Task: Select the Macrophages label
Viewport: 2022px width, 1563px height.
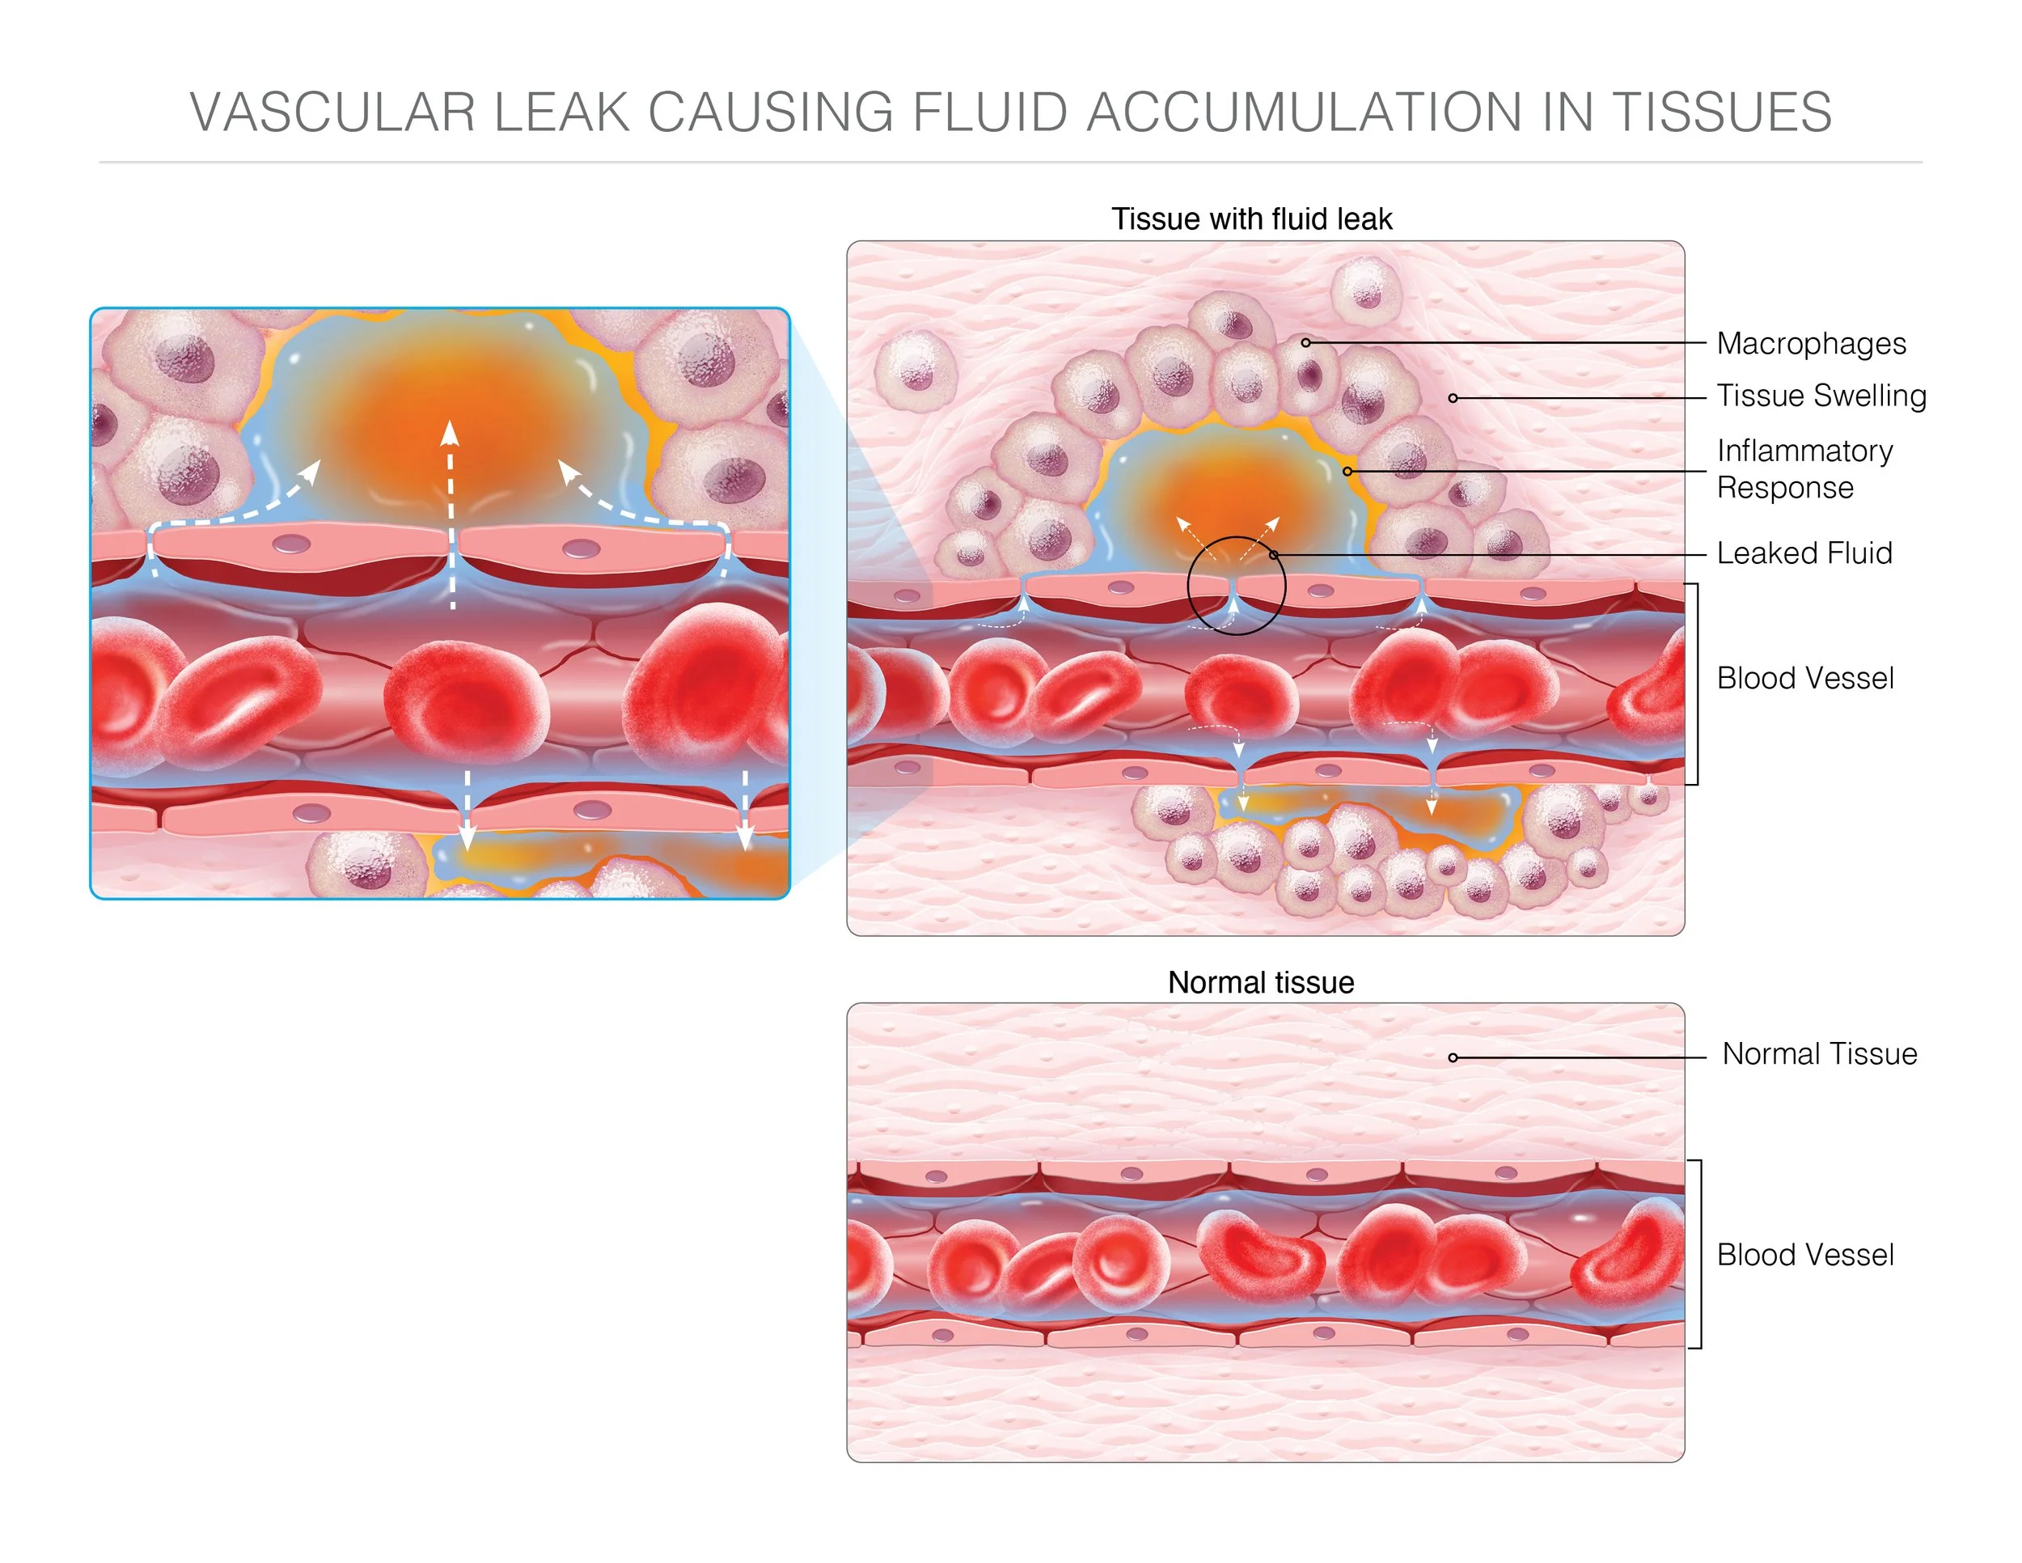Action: pyautogui.click(x=1810, y=344)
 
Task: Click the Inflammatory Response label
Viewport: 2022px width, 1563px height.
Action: pyautogui.click(x=1804, y=468)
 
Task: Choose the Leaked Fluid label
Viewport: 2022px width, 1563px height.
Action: pyautogui.click(x=1804, y=553)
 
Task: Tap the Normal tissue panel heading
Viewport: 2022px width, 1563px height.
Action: pyautogui.click(x=1260, y=982)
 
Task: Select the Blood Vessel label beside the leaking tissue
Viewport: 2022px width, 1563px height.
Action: pyautogui.click(x=1804, y=678)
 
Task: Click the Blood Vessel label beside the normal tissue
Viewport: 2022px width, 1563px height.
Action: pyautogui.click(x=1804, y=1255)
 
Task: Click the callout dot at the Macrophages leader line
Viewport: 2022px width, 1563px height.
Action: pyautogui.click(x=1305, y=342)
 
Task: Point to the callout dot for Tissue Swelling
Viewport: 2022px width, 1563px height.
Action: pyautogui.click(x=1453, y=398)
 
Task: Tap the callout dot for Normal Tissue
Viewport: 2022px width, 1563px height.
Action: pyautogui.click(x=1453, y=1057)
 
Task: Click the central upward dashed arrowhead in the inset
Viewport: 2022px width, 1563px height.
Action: pyautogui.click(x=450, y=434)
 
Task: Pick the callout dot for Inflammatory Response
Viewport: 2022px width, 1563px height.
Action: pyautogui.click(x=1347, y=472)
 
